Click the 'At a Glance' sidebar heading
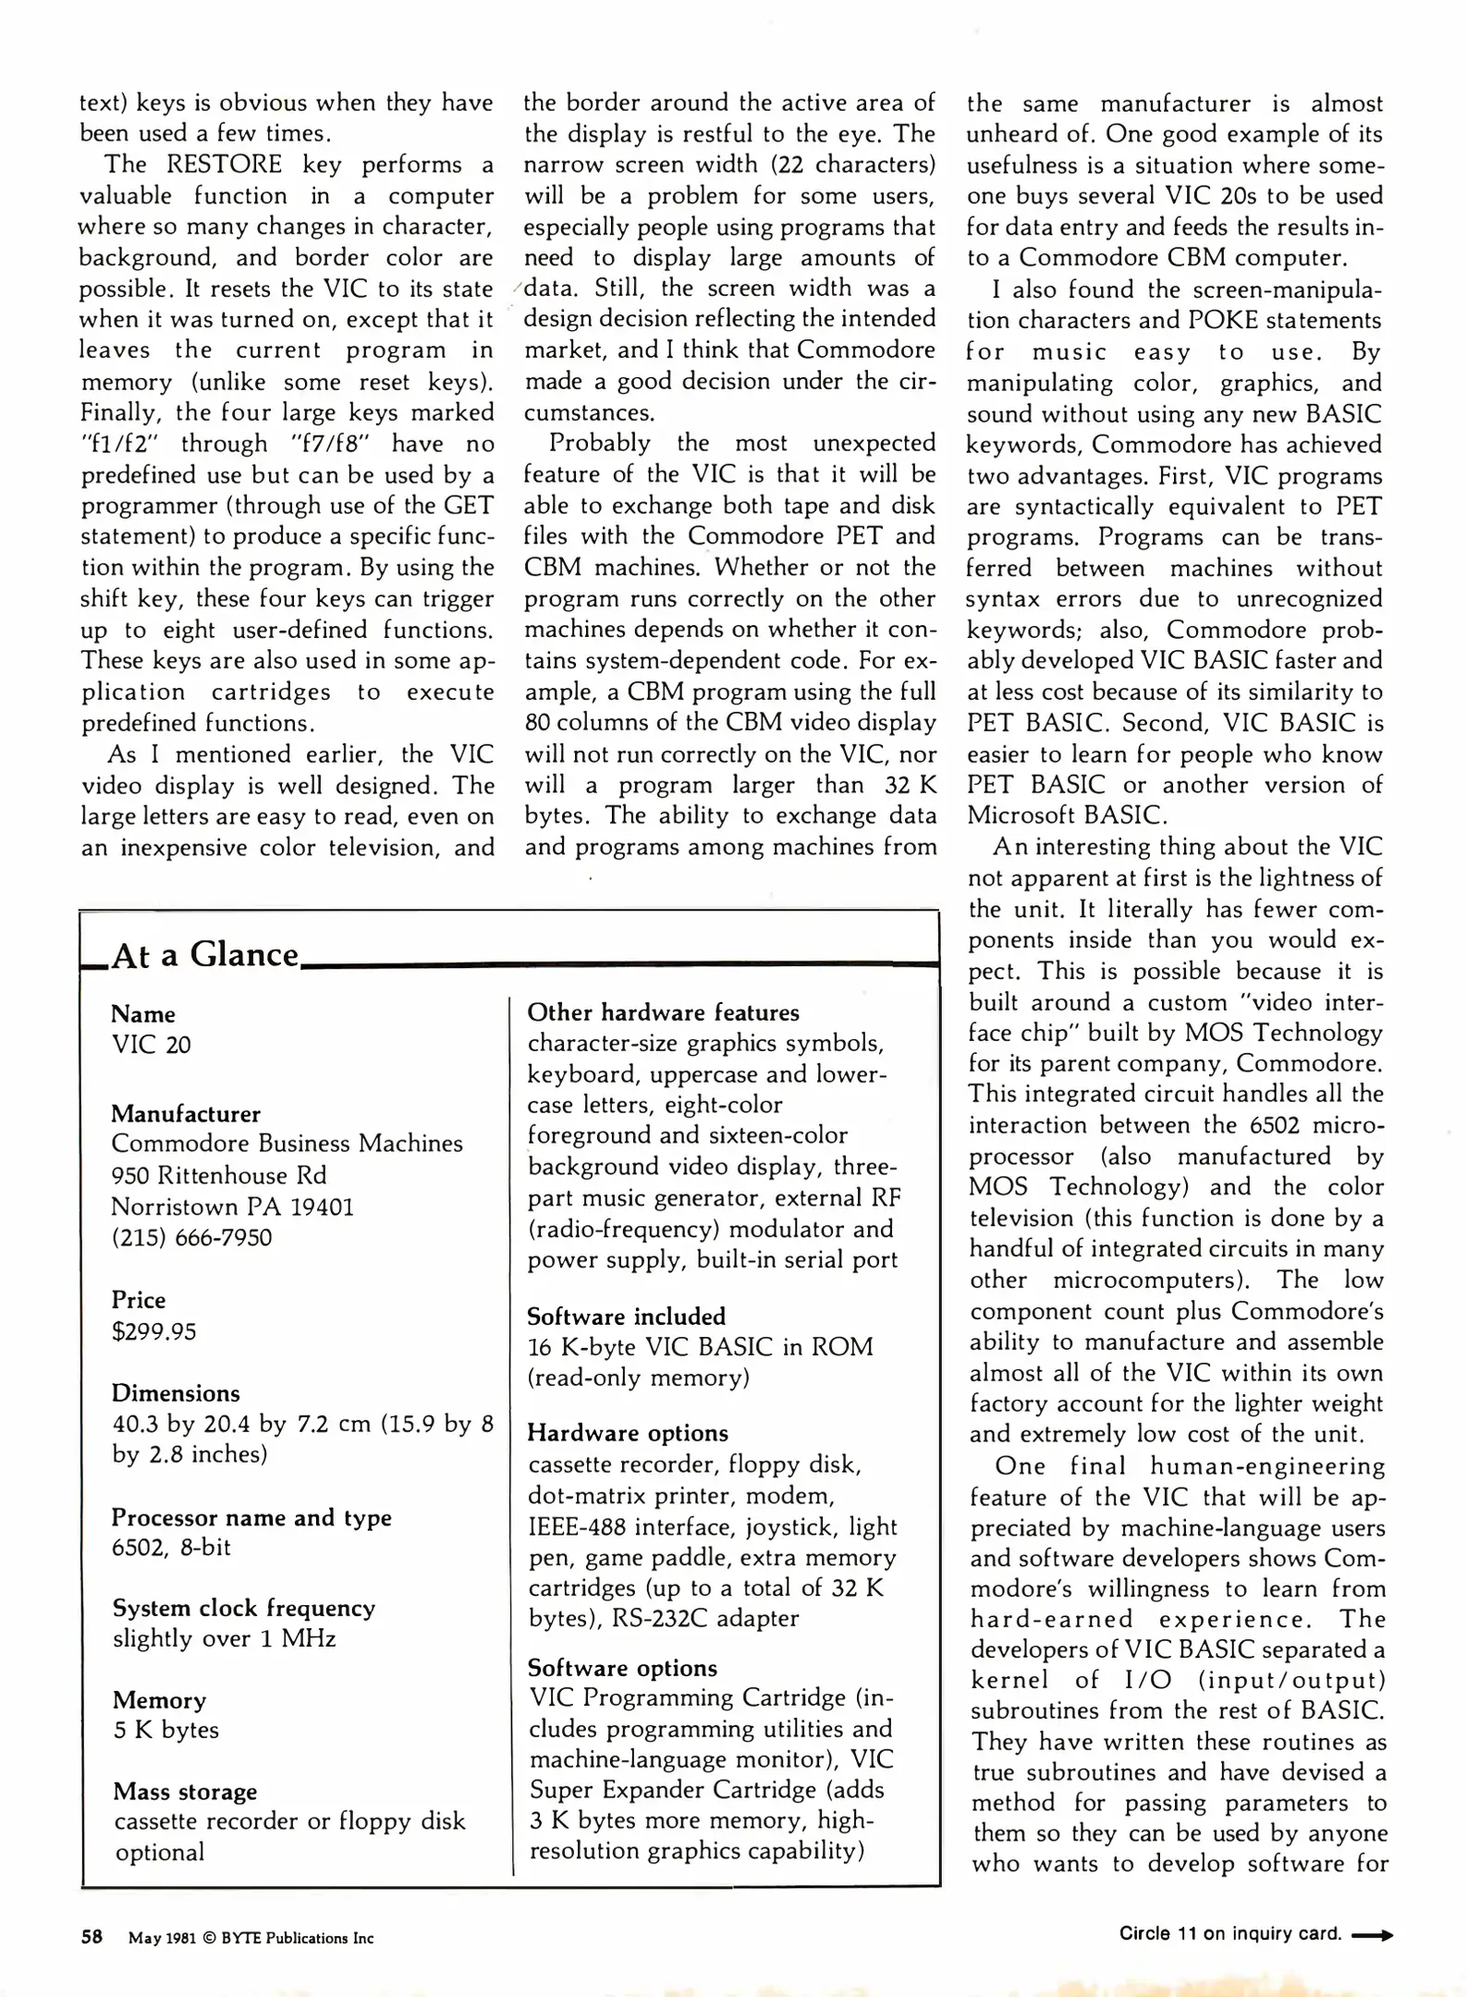pos(204,955)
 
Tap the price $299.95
pos(153,1331)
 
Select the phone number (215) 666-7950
pos(191,1237)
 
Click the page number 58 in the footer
pos(92,1936)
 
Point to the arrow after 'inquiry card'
pos(1372,1934)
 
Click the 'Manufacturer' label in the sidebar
pos(186,1113)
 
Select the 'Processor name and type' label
pos(251,1517)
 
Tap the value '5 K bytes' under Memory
pos(166,1730)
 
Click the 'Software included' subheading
pos(626,1316)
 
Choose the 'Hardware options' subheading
pos(628,1433)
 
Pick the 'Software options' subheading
pos(622,1668)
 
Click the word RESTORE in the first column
pos(224,165)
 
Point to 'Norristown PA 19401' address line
pos(232,1207)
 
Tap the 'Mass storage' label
pos(185,1792)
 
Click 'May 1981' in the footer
pos(162,1938)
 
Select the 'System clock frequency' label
pos(244,1608)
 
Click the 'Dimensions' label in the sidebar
pos(176,1393)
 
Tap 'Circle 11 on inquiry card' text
pos(1229,1934)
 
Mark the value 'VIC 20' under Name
pos(152,1045)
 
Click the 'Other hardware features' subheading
pos(663,1012)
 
